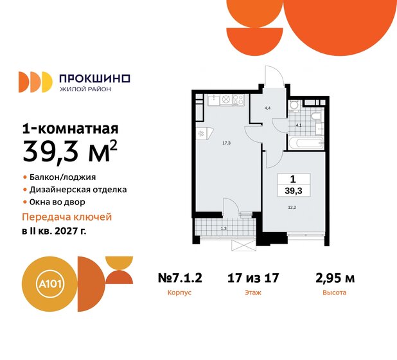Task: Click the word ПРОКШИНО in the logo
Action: click(94, 78)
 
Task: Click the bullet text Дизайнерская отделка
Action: click(78, 190)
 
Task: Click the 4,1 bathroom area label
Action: click(298, 125)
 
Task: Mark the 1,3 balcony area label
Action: click(222, 228)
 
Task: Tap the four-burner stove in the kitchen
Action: click(238, 99)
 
